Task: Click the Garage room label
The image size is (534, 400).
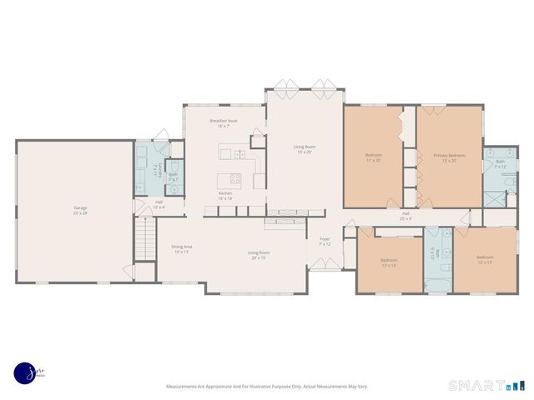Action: [80, 210]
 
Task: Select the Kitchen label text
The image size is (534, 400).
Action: [225, 195]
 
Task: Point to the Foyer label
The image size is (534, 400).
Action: [325, 242]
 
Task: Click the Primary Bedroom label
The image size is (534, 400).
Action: [449, 157]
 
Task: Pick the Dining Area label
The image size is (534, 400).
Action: [182, 249]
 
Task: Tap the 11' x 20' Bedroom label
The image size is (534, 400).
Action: [373, 157]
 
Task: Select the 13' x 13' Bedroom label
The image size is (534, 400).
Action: [389, 262]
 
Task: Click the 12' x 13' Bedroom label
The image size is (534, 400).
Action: [484, 260]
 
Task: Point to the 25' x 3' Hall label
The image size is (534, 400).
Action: [406, 216]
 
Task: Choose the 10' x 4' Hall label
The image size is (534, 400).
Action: [159, 204]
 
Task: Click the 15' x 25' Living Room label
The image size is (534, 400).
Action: [304, 150]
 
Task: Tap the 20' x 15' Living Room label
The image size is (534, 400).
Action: [258, 255]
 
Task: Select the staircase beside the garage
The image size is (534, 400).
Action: [145, 237]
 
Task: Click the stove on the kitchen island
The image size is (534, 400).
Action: [234, 177]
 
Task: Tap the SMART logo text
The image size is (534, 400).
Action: [476, 385]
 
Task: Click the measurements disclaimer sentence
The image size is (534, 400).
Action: [266, 387]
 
